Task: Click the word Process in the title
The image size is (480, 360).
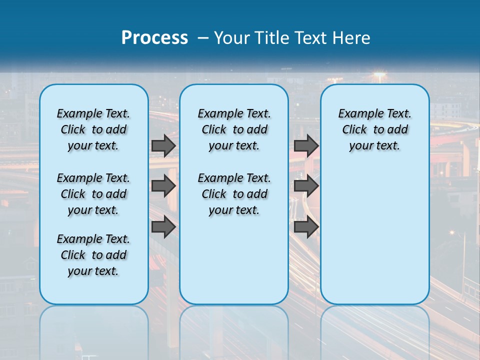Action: (154, 38)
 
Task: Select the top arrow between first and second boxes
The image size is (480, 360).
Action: (163, 145)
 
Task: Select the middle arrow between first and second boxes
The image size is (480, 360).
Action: (163, 186)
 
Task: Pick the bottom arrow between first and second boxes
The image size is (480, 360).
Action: (163, 227)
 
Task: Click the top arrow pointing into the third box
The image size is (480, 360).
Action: (306, 145)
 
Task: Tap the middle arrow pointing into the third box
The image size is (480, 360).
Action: (306, 186)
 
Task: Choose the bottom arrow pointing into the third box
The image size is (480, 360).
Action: (306, 227)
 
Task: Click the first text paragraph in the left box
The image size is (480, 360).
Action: (93, 129)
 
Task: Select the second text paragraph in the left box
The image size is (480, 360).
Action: (93, 194)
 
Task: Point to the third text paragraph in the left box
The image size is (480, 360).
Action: (93, 255)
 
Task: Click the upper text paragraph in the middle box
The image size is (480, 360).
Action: (234, 129)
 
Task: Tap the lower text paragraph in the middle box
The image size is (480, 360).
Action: (234, 194)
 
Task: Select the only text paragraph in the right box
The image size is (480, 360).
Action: (374, 129)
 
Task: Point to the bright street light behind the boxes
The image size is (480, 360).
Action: (379, 75)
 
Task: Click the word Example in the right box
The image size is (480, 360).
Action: (356, 113)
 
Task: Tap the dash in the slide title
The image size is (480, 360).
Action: (203, 38)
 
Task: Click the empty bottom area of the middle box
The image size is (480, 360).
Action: (234, 265)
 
